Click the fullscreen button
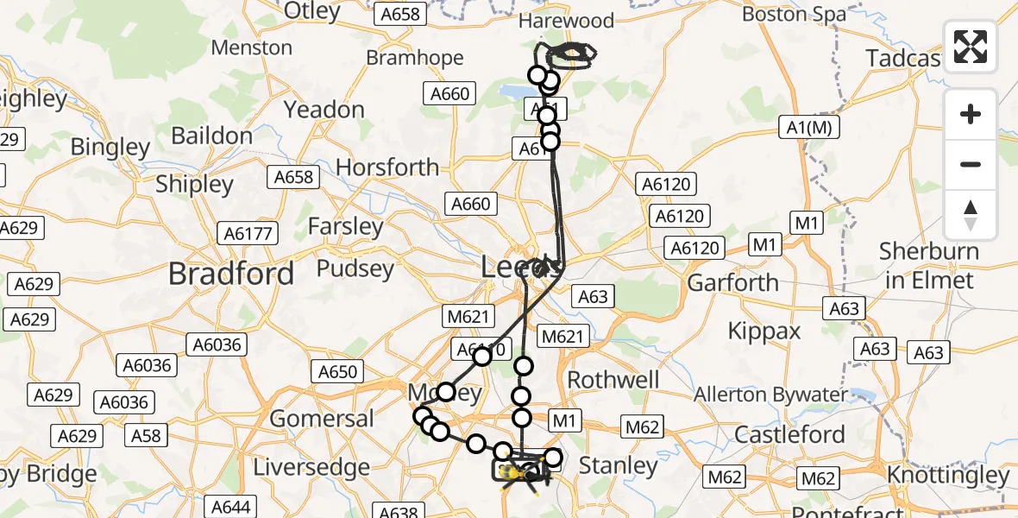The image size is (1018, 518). click(971, 47)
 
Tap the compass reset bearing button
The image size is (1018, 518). click(971, 215)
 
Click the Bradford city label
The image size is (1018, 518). click(231, 274)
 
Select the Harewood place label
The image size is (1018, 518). click(565, 21)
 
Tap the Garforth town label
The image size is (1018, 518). click(732, 282)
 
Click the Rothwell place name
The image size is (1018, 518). click(614, 380)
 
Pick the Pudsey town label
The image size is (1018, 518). click(356, 268)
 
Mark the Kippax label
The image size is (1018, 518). click(764, 331)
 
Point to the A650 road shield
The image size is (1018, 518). click(337, 372)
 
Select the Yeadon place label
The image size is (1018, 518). click(324, 110)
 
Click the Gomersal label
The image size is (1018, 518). click(322, 419)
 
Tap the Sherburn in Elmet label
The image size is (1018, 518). click(928, 266)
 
